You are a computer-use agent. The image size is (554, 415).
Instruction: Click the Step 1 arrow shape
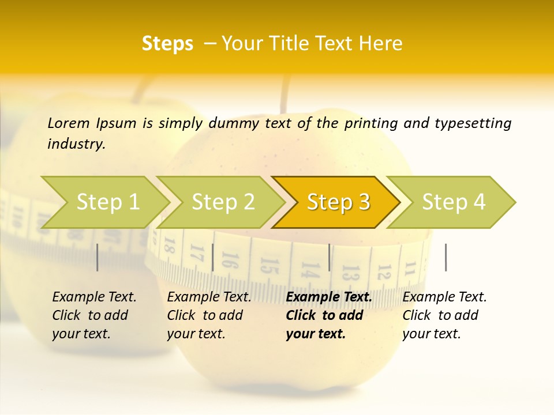[x=107, y=202]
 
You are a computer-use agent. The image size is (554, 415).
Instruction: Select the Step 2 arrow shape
[x=223, y=202]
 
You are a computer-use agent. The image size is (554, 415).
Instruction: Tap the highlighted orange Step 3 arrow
[x=338, y=202]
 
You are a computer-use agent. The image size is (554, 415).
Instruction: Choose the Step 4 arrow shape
[x=454, y=202]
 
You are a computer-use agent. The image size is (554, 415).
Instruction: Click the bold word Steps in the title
[x=167, y=44]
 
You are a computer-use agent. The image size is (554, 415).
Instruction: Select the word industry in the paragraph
[x=76, y=144]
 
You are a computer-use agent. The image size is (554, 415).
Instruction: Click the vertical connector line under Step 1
[x=98, y=257]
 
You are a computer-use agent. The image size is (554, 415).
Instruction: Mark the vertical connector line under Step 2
[x=213, y=257]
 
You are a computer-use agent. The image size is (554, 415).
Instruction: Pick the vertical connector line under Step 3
[x=330, y=257]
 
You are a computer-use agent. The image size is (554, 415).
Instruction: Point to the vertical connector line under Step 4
[x=446, y=257]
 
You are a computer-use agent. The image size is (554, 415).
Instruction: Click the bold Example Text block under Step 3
[x=328, y=315]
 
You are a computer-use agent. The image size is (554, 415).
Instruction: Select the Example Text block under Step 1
[x=94, y=315]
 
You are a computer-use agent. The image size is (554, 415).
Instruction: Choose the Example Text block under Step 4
[x=444, y=315]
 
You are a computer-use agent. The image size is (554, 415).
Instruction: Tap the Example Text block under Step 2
[x=209, y=315]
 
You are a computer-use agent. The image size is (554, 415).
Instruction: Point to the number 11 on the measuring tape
[x=410, y=269]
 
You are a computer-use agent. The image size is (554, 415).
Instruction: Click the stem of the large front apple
[x=285, y=95]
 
